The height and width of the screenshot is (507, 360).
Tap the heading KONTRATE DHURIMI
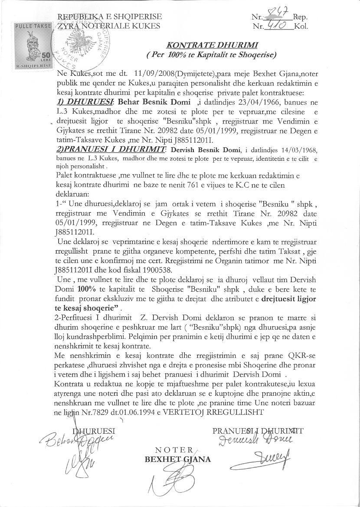point(213,45)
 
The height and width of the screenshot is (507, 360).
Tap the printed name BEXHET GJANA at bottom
point(178,459)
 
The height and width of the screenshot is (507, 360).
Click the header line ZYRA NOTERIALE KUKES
point(109,26)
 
